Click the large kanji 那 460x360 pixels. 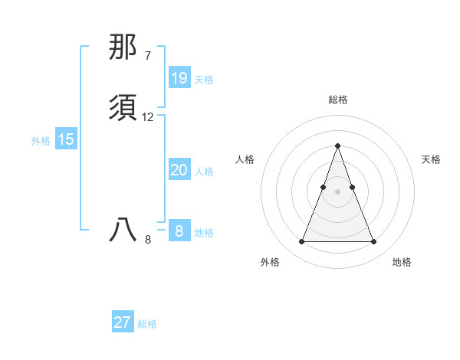click(x=123, y=47)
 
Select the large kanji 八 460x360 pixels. click(x=123, y=230)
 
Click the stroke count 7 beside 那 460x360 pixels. click(x=147, y=56)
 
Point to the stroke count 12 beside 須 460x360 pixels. click(x=148, y=117)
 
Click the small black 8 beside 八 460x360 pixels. click(x=148, y=239)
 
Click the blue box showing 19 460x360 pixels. click(x=179, y=77)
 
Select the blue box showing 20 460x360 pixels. click(x=179, y=170)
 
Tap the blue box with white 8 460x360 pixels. click(x=179, y=231)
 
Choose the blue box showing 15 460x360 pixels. click(x=66, y=139)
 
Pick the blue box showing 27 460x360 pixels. click(x=123, y=322)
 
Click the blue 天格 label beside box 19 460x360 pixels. click(x=204, y=79)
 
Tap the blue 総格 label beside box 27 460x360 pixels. click(x=147, y=324)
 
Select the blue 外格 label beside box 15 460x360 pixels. click(x=41, y=141)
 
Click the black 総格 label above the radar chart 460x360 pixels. click(x=337, y=100)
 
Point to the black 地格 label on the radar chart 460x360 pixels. click(x=402, y=262)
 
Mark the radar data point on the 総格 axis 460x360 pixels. click(x=337, y=146)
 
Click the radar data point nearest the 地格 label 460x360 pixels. click(x=373, y=242)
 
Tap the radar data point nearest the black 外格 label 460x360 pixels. click(x=301, y=242)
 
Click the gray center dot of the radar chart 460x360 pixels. click(x=337, y=191)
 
